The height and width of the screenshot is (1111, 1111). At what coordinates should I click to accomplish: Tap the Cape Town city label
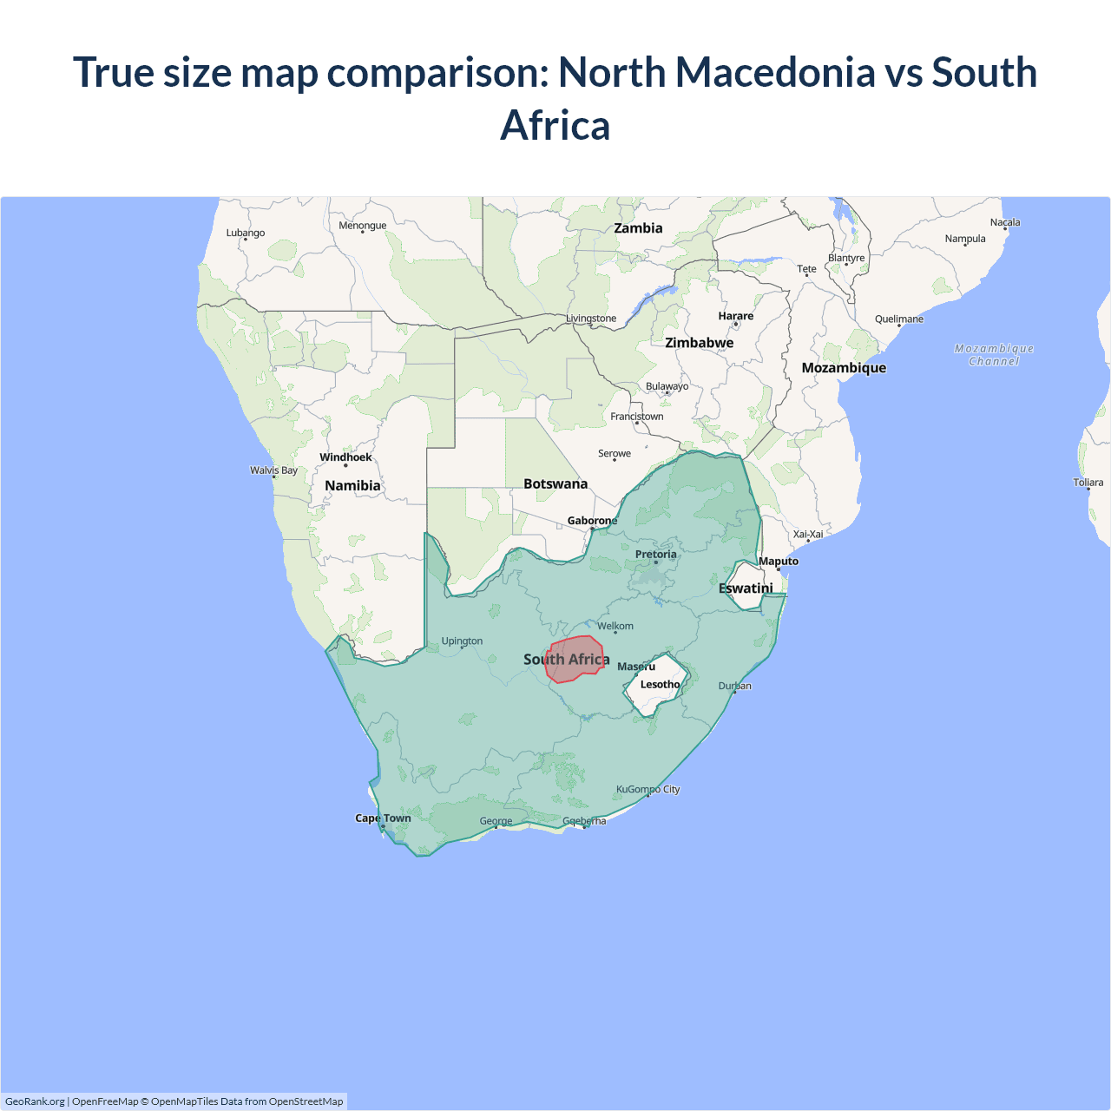(383, 818)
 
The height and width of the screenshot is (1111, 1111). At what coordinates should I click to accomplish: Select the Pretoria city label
(655, 555)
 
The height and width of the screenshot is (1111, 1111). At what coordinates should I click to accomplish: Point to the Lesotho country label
(660, 685)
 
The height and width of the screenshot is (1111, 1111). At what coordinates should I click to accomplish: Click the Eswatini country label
(746, 588)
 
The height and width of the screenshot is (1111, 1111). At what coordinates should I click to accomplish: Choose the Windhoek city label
(345, 457)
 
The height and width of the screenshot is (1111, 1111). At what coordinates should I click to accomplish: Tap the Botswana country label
(555, 484)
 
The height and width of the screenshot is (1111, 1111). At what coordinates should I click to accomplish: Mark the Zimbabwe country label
(699, 343)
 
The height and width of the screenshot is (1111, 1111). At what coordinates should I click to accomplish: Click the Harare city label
(735, 316)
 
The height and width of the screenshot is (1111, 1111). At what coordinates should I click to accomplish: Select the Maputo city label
(778, 562)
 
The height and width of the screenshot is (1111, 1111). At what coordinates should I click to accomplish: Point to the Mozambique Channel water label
(994, 355)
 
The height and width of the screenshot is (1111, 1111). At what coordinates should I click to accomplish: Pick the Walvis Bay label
(273, 470)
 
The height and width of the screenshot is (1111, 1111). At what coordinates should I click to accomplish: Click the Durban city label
(734, 686)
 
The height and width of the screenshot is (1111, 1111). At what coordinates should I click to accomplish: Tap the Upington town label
(462, 641)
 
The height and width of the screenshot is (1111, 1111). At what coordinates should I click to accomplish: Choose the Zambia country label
(638, 228)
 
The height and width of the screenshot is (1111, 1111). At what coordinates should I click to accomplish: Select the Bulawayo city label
(667, 386)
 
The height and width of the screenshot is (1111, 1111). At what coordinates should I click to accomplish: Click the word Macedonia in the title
(775, 72)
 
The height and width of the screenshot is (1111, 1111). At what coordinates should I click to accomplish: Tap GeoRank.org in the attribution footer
(35, 1101)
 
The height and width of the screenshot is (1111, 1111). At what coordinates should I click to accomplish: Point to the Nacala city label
(1005, 222)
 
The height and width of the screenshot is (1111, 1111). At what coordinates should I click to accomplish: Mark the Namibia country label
(352, 486)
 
